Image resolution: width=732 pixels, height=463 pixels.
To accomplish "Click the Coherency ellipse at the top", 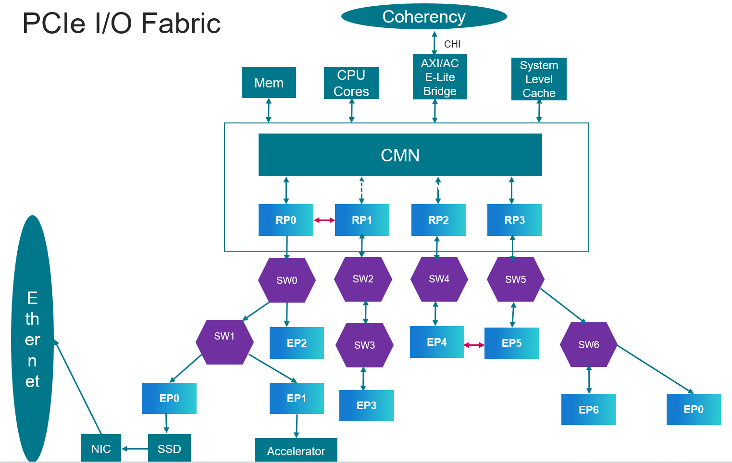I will [424, 17].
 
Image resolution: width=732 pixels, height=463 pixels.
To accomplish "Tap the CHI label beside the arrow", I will [452, 44].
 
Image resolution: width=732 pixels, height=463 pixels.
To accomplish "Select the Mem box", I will [269, 83].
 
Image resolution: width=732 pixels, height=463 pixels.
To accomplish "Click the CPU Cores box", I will [351, 83].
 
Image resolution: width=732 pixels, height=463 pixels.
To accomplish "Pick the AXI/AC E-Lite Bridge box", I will [440, 77].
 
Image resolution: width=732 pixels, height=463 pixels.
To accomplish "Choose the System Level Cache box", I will [539, 79].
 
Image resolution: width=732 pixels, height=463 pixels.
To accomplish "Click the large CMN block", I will [400, 155].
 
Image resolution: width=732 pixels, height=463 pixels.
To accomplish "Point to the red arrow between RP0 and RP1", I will [324, 220].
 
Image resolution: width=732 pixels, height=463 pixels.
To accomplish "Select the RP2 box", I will [438, 220].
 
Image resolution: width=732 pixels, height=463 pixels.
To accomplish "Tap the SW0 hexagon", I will [287, 280].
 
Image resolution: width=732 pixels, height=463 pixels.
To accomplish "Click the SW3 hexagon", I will [364, 345].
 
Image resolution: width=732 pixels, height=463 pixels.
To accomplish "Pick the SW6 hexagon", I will [588, 344].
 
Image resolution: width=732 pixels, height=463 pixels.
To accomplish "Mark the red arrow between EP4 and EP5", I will [474, 345].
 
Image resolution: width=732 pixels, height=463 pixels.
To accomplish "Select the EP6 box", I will [588, 409].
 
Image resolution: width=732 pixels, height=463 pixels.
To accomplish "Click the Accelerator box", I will [296, 451].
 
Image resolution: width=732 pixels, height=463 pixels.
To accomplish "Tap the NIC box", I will [101, 448].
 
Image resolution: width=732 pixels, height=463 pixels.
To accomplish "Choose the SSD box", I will [169, 448].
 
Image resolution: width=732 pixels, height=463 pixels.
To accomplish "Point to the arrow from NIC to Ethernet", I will [78, 387].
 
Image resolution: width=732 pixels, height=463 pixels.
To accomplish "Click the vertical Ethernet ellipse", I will [32, 339].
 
